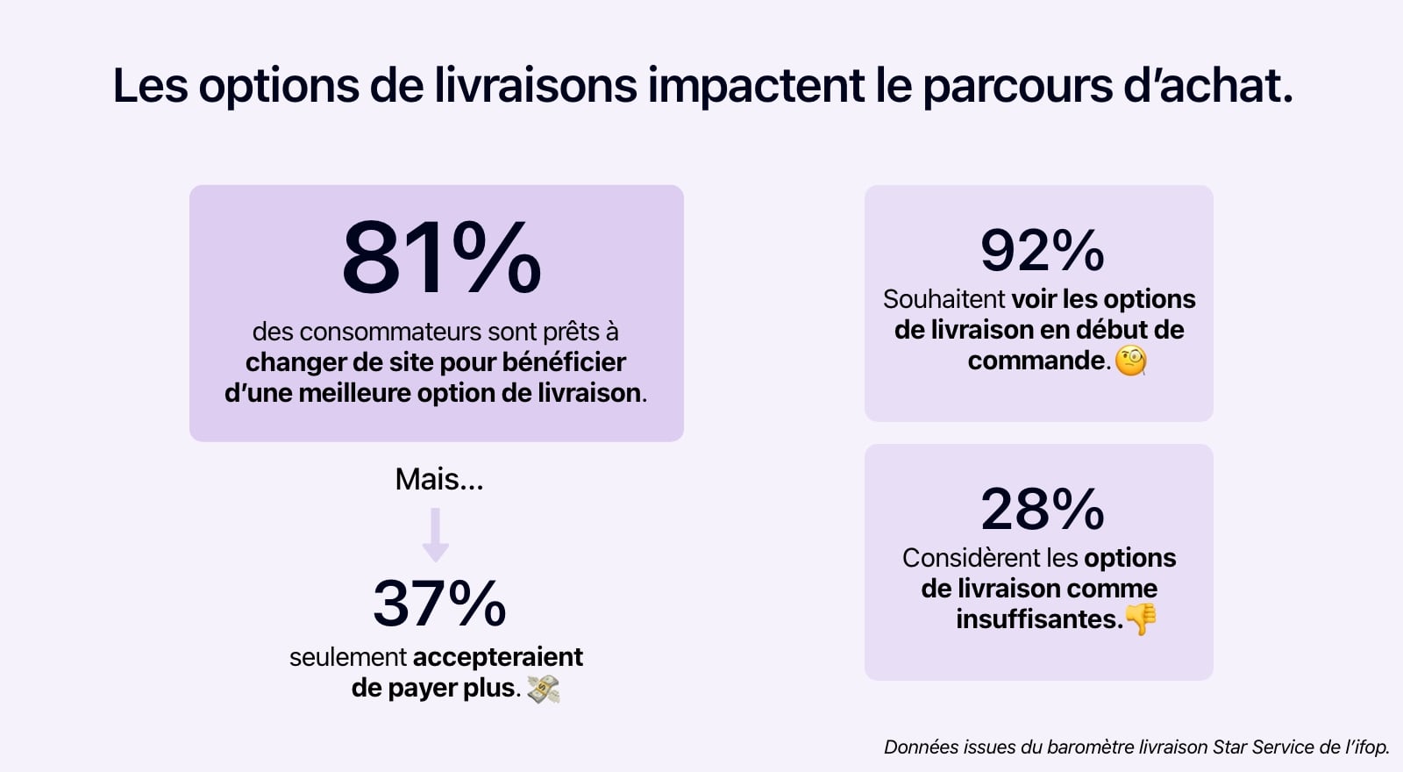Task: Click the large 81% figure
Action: (441, 258)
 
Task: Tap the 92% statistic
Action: (1042, 251)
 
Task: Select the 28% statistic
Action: (1042, 510)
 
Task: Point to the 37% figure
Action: (439, 604)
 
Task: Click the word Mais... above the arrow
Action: (438, 479)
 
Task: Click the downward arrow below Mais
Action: (436, 534)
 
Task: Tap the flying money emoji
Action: (544, 690)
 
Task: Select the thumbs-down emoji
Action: (1141, 619)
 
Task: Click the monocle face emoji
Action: (1130, 361)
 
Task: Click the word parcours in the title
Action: (1016, 86)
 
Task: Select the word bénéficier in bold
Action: (564, 362)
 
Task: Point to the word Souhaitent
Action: (944, 299)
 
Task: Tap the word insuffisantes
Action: (1038, 619)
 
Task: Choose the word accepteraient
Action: (497, 657)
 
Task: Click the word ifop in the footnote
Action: (1369, 747)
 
